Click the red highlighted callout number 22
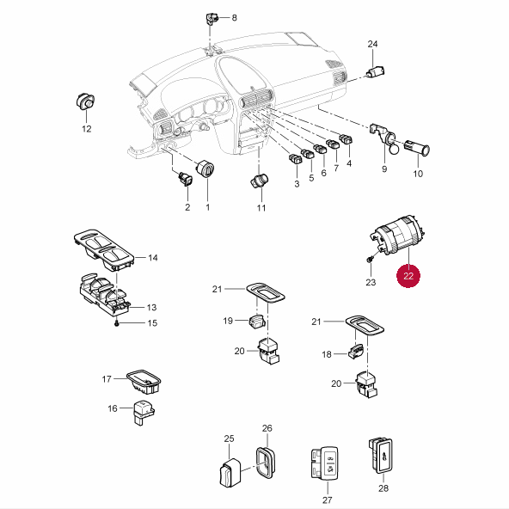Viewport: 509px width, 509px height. tap(408, 276)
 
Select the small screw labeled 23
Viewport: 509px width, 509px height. tap(370, 260)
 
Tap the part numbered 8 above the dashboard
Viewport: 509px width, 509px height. tap(212, 18)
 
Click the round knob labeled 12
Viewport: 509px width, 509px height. tap(85, 102)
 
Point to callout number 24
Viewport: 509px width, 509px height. tap(372, 44)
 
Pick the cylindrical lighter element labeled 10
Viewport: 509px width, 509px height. tap(417, 149)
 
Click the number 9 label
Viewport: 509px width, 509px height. tap(384, 169)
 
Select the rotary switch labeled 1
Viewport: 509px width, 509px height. tap(205, 169)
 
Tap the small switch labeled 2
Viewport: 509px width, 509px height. tap(186, 179)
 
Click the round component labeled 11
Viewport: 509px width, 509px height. tap(260, 181)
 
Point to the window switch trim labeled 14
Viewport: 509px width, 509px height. tap(104, 249)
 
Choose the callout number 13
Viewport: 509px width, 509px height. tap(151, 307)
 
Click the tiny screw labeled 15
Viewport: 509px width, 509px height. tap(117, 323)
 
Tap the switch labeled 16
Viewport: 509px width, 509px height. tap(144, 412)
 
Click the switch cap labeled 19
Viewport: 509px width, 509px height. tap(257, 322)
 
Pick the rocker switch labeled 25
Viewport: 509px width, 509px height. tap(230, 473)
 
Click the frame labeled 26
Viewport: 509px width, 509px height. tap(266, 463)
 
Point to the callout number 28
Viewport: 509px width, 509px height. tap(383, 488)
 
